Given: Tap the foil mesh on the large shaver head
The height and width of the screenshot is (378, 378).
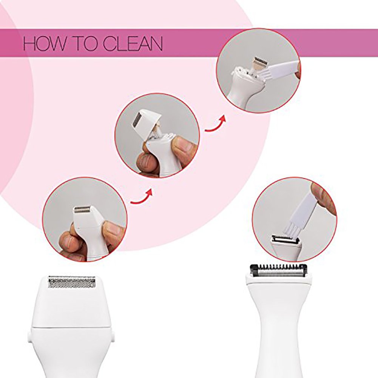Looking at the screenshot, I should point(72,282).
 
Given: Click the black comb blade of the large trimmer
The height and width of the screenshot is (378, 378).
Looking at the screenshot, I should point(278,269).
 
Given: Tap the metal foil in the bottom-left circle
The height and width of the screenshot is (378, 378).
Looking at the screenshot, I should point(82,209).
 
